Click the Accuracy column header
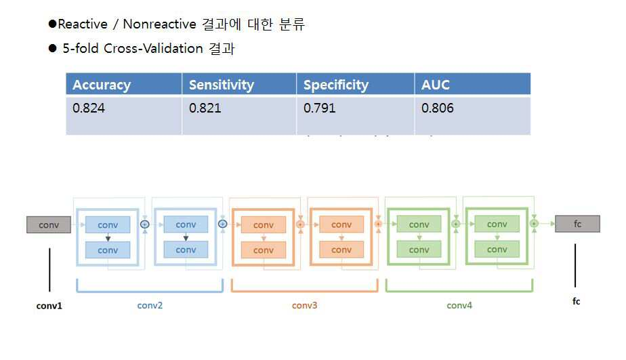(102, 85)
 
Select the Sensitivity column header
(221, 85)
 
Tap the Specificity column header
(336, 85)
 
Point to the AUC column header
(435, 85)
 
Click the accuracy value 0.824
(89, 108)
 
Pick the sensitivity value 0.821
(205, 108)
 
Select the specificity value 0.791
(319, 108)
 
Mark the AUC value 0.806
(437, 108)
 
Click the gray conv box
(49, 224)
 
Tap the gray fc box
(577, 224)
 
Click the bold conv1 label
(49, 306)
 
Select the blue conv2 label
(150, 305)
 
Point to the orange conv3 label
(304, 305)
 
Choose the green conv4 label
(459, 305)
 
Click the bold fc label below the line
(576, 301)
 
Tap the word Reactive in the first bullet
(83, 24)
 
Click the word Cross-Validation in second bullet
(153, 48)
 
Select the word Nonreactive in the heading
(159, 24)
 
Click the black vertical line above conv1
(49, 270)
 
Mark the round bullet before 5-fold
(52, 48)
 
